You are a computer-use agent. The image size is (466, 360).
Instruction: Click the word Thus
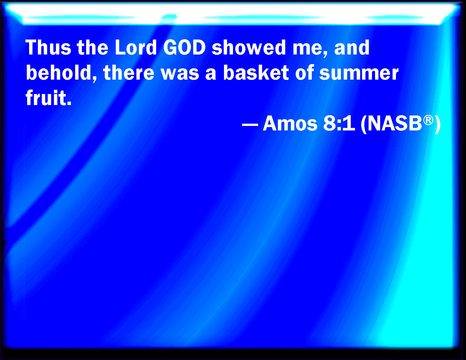48,47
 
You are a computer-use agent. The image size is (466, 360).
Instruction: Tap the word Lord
136,47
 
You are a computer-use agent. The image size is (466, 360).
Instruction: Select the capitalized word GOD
184,47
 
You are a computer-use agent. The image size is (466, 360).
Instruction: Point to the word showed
249,47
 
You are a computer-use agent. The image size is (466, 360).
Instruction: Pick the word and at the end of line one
352,47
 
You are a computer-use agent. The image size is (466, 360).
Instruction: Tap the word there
129,73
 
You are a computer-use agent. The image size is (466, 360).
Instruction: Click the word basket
256,73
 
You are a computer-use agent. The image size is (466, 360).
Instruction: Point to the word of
304,73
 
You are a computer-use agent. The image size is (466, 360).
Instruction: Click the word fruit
48,98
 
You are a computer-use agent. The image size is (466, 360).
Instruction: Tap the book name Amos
290,123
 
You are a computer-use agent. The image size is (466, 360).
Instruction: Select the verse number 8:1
339,123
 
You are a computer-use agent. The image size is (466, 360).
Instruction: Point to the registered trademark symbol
428,120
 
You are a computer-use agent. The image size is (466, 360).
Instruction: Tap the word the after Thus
93,47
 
